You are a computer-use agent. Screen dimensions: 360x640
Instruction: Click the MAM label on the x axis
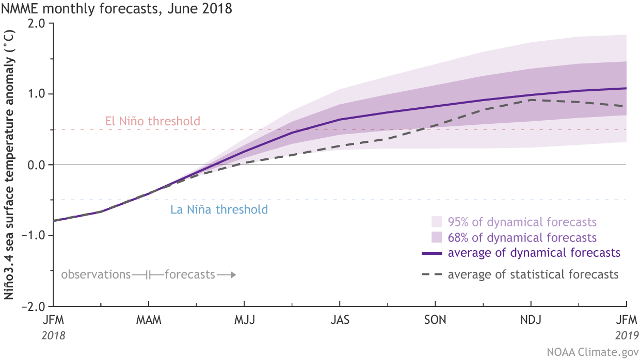tap(149, 320)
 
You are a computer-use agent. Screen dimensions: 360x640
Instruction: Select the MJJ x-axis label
tap(245, 320)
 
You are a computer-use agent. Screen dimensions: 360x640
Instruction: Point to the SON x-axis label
tap(436, 320)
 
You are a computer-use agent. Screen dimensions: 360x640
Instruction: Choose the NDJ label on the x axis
tap(531, 320)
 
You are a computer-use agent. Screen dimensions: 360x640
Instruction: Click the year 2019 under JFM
tap(626, 335)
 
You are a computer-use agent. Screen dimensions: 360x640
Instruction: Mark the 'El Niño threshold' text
tap(152, 122)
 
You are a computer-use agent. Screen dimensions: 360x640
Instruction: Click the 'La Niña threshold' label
tap(219, 209)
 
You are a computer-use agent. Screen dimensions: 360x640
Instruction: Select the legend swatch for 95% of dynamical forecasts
tap(437, 222)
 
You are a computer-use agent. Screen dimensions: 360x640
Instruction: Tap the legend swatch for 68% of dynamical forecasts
tap(437, 238)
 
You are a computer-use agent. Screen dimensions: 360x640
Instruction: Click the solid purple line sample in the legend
tap(432, 253)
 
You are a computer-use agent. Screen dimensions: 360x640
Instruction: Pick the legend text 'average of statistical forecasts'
tap(533, 274)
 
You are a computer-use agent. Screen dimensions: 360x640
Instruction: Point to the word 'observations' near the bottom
tap(96, 274)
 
